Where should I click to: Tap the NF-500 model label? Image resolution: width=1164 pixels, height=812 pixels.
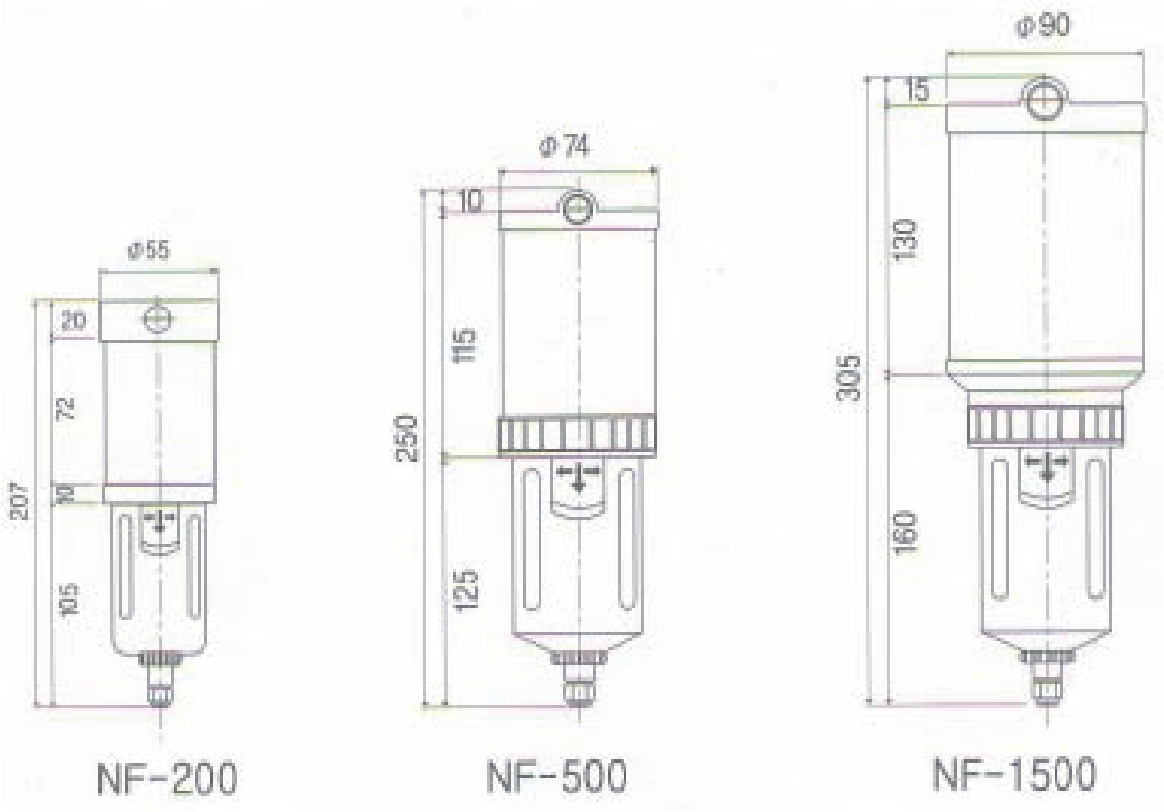coord(557,777)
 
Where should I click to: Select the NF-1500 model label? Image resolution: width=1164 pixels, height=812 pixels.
coord(1014,774)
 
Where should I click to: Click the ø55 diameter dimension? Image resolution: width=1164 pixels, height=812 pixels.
coord(149,251)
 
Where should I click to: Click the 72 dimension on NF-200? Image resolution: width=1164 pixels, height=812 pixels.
coord(66,407)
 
